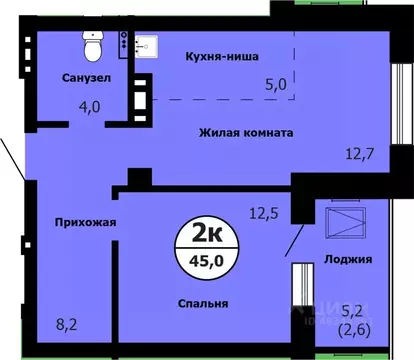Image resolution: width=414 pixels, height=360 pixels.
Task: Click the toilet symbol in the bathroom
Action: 94,45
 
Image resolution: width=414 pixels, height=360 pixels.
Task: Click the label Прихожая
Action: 83,222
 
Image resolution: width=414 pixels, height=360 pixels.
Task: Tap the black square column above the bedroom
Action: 140,177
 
